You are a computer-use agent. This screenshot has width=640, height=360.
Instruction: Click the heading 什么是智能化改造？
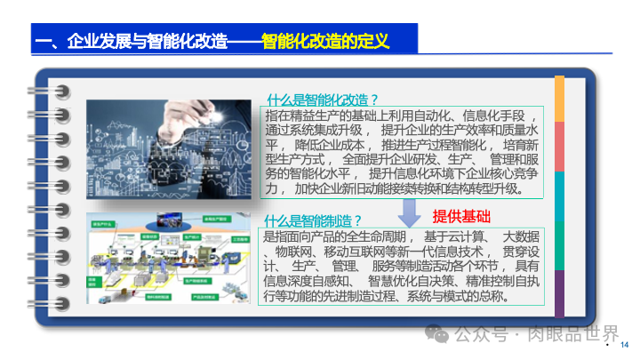coord(323,100)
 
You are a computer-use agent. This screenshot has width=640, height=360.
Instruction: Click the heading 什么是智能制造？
coord(314,220)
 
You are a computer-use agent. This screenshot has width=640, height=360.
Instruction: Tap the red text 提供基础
coord(461,217)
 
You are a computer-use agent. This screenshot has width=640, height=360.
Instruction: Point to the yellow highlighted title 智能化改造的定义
coord(326,41)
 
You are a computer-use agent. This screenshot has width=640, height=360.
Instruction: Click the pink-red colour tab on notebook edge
coord(559,147)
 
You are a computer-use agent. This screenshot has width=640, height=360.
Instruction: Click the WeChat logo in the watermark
coord(436,334)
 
